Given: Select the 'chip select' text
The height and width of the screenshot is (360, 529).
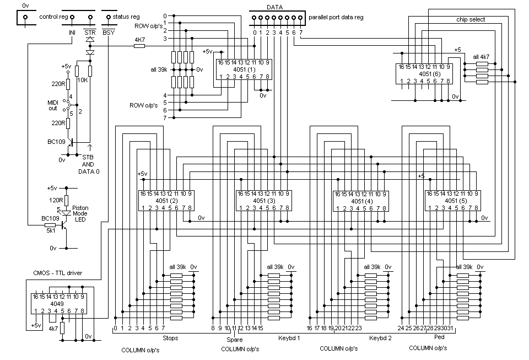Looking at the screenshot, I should click(x=471, y=20).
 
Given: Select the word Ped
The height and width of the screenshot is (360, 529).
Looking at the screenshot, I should click(x=439, y=337).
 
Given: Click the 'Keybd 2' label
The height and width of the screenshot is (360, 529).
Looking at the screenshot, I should click(x=380, y=337).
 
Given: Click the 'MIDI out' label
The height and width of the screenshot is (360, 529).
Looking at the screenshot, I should click(x=53, y=105).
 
